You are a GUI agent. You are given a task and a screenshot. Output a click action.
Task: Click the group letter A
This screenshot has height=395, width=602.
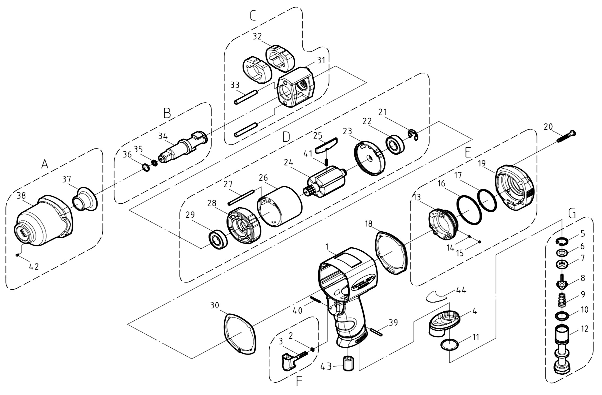[45, 164]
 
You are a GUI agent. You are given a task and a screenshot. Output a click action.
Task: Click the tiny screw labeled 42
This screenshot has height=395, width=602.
[17, 255]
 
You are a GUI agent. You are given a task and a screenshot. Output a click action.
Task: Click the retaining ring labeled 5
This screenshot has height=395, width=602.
[562, 242]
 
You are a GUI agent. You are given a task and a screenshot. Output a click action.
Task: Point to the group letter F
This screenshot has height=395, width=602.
[299, 381]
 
